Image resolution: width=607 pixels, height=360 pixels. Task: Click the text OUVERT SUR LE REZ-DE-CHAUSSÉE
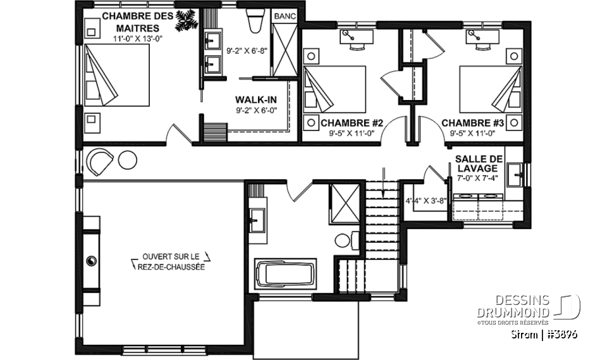[171, 261]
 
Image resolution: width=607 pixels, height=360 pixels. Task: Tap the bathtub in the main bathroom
[285, 273]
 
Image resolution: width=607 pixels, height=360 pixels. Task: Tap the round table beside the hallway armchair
[127, 160]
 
